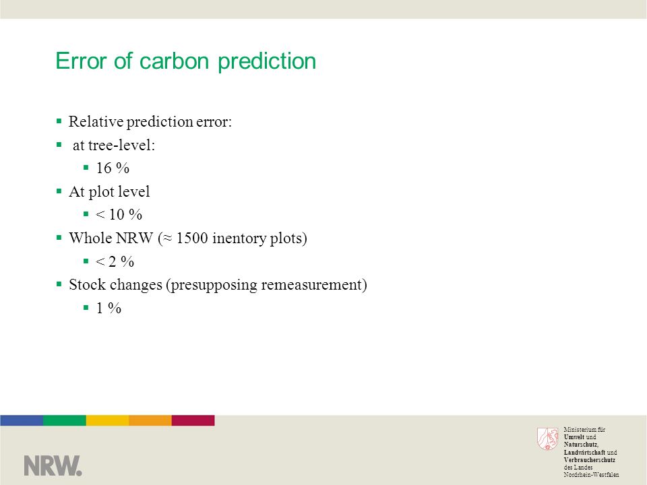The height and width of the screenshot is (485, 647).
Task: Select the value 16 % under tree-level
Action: (x=113, y=168)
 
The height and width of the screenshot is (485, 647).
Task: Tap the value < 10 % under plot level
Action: (x=119, y=214)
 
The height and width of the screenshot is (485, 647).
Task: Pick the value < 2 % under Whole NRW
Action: (x=115, y=261)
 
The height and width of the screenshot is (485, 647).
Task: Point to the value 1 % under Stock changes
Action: (x=109, y=308)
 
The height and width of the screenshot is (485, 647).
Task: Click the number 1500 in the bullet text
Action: (x=192, y=238)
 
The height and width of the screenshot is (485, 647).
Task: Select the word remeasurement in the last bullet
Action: (x=311, y=284)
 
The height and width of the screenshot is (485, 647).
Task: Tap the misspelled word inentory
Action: (x=239, y=238)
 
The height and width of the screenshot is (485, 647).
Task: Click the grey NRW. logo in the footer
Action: (x=53, y=465)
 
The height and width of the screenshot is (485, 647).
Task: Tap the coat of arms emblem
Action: (x=547, y=439)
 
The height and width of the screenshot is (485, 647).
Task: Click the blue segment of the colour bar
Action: (x=22, y=420)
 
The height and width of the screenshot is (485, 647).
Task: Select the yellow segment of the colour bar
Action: (x=107, y=420)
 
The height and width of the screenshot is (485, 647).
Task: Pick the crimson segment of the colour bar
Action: (x=193, y=420)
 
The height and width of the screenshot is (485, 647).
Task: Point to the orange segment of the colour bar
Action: (x=150, y=420)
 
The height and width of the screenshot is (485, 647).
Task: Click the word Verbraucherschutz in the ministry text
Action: (x=589, y=460)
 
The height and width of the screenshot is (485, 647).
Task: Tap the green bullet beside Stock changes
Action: (x=59, y=284)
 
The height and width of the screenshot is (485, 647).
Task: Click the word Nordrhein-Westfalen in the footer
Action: (x=591, y=475)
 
